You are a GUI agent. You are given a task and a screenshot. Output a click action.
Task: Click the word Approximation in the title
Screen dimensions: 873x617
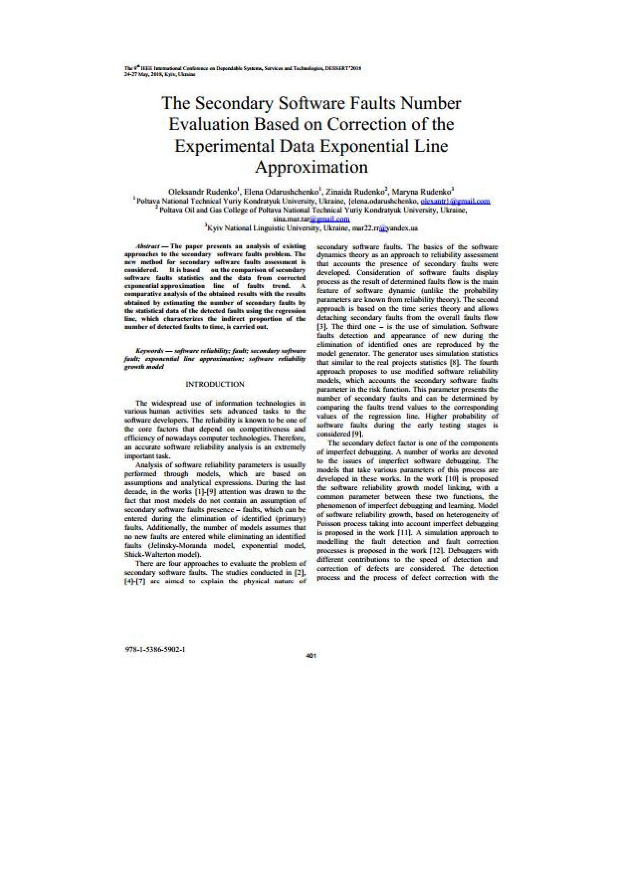click(x=311, y=167)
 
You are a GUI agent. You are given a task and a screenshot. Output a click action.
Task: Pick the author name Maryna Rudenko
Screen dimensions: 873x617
click(x=422, y=192)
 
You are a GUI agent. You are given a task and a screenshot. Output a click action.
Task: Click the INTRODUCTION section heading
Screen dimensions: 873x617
click(x=215, y=384)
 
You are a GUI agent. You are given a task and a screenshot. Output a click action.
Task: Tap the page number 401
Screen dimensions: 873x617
click(x=311, y=655)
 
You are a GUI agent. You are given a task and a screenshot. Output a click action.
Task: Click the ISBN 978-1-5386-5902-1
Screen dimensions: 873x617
click(x=155, y=650)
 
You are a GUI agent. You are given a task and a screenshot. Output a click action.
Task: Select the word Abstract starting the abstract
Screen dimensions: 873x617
click(x=148, y=246)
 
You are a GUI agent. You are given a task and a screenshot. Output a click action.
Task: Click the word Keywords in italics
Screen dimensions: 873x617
click(x=150, y=351)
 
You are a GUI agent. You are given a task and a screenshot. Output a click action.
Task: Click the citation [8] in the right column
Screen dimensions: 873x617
click(x=454, y=362)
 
